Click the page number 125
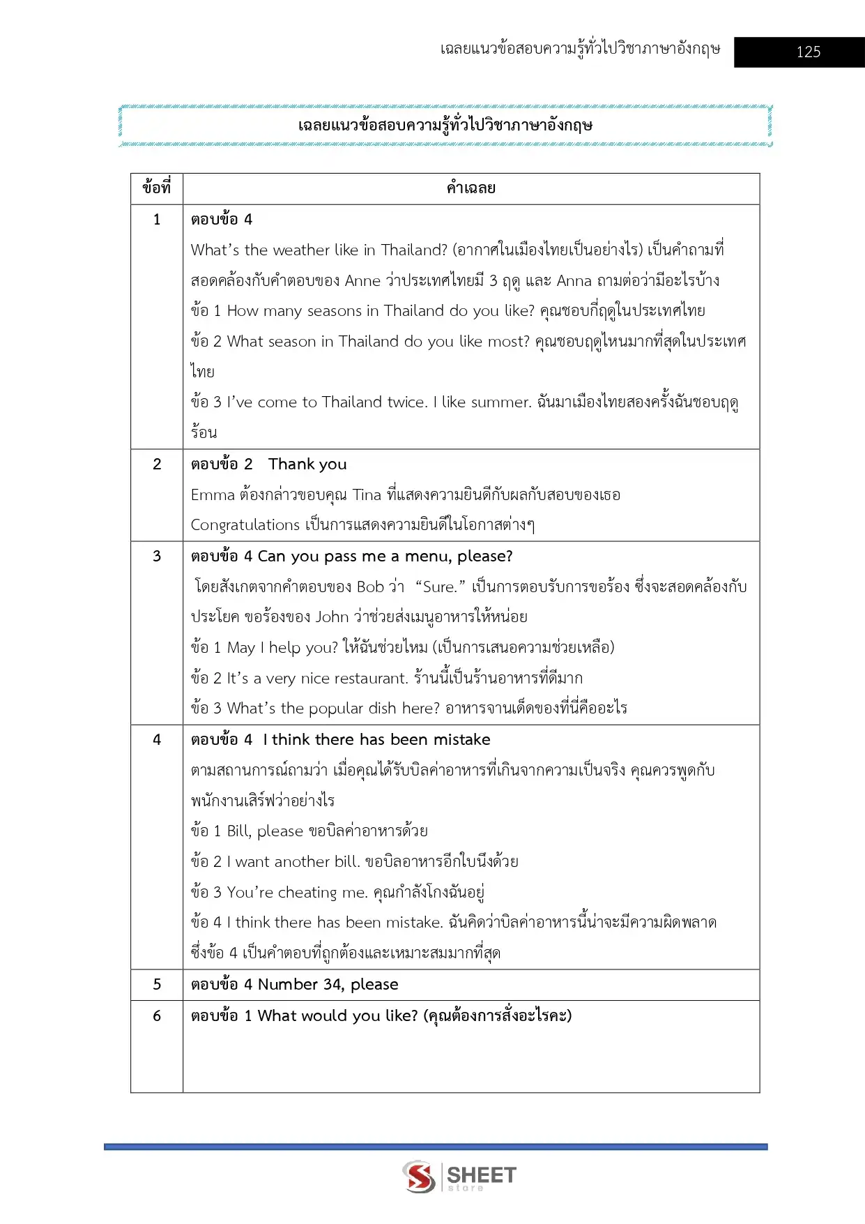point(808,52)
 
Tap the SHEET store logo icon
point(419,1177)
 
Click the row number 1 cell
point(157,220)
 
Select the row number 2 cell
point(157,464)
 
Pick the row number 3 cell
point(157,557)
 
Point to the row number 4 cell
point(157,740)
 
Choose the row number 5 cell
point(157,985)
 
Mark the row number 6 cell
point(157,1016)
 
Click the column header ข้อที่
point(157,188)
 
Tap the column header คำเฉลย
point(471,188)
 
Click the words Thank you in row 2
point(307,464)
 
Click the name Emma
point(213,495)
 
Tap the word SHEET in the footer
point(482,1175)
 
